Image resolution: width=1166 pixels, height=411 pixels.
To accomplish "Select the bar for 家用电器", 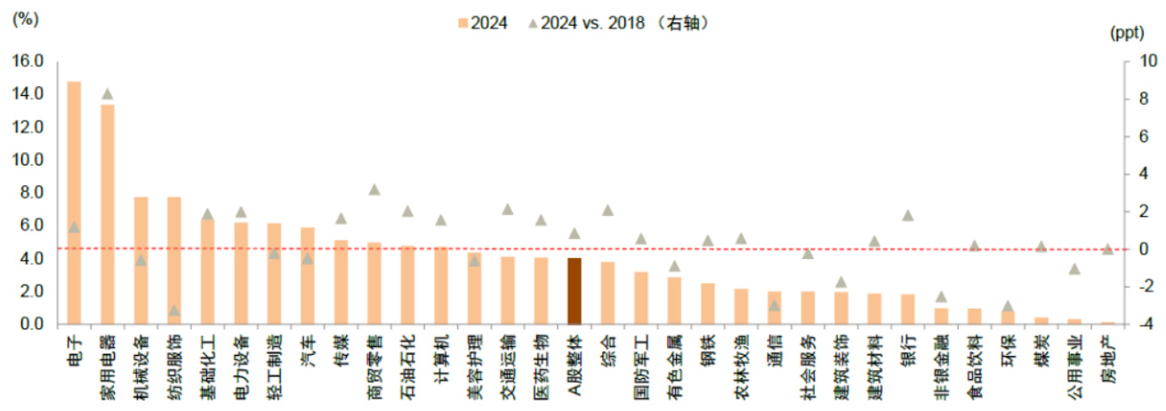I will pos(108,214).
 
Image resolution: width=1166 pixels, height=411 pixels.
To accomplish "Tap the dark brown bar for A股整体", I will pos(575,291).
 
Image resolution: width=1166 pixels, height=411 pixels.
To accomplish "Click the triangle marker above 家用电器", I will pos(108,94).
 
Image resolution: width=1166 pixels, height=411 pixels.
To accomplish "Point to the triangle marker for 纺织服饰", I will pos(174,310).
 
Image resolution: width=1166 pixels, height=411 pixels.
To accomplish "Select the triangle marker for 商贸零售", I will pos(374,189).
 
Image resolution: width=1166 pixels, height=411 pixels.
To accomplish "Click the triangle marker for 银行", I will pos(908,215).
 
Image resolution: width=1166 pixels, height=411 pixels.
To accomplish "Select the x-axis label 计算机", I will pos(441,358).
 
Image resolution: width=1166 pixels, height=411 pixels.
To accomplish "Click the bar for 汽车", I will pos(308,276).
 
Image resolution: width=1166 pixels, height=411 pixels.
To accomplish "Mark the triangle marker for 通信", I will pos(775,306).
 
